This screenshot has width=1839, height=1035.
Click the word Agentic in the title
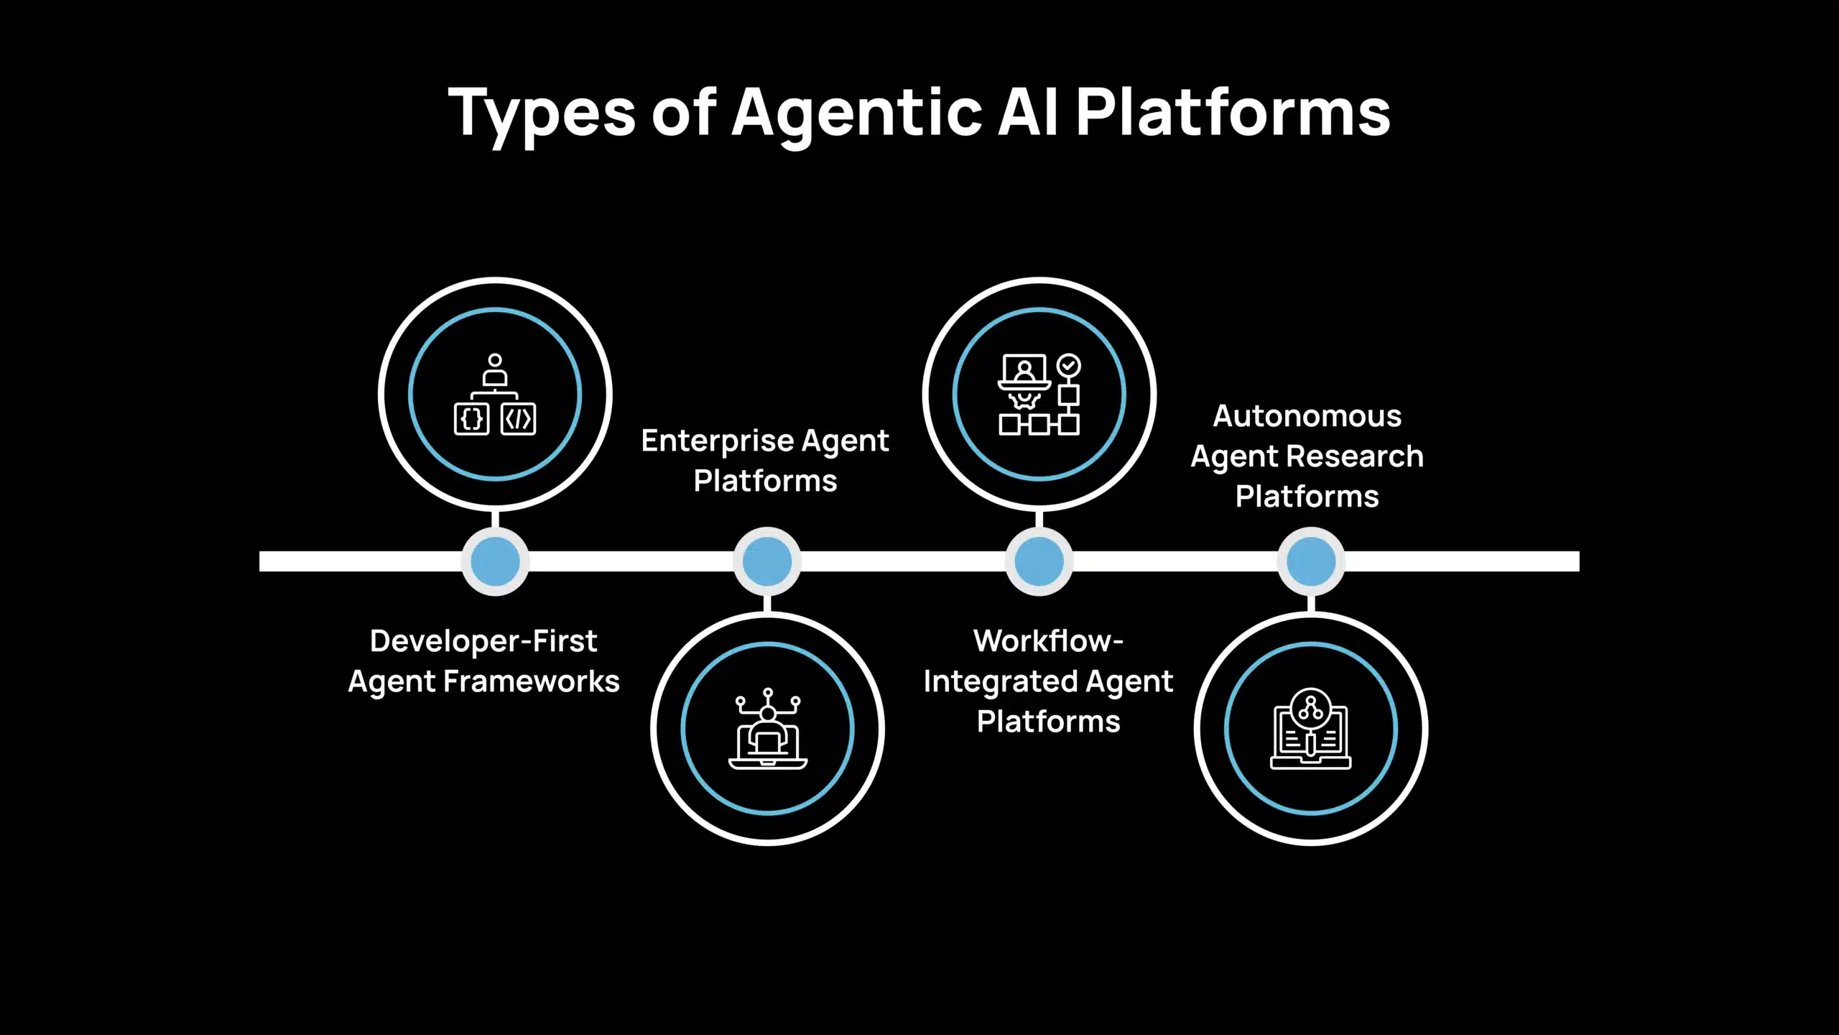coord(856,114)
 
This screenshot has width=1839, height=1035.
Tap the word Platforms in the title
coord(1233,114)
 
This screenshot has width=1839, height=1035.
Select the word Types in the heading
coord(542,114)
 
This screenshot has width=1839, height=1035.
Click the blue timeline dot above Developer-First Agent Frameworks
coord(495,561)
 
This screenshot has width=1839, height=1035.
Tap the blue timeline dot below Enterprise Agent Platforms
coord(767,561)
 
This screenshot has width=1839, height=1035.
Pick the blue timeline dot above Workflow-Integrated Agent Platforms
coord(1039,561)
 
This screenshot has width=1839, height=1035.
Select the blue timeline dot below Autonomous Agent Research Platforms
coord(1311,561)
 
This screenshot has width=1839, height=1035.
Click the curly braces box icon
coord(472,419)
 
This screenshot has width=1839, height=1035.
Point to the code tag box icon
coord(518,419)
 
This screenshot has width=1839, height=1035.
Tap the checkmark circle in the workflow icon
coord(1069,365)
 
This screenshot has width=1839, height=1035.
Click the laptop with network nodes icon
coord(767,729)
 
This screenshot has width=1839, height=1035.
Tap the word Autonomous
coord(1307,416)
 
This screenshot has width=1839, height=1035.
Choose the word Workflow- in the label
coord(1047,641)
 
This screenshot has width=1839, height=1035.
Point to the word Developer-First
coord(483,641)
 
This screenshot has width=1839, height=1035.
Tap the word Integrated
coord(1001,681)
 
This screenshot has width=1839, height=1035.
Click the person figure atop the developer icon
coord(495,369)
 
